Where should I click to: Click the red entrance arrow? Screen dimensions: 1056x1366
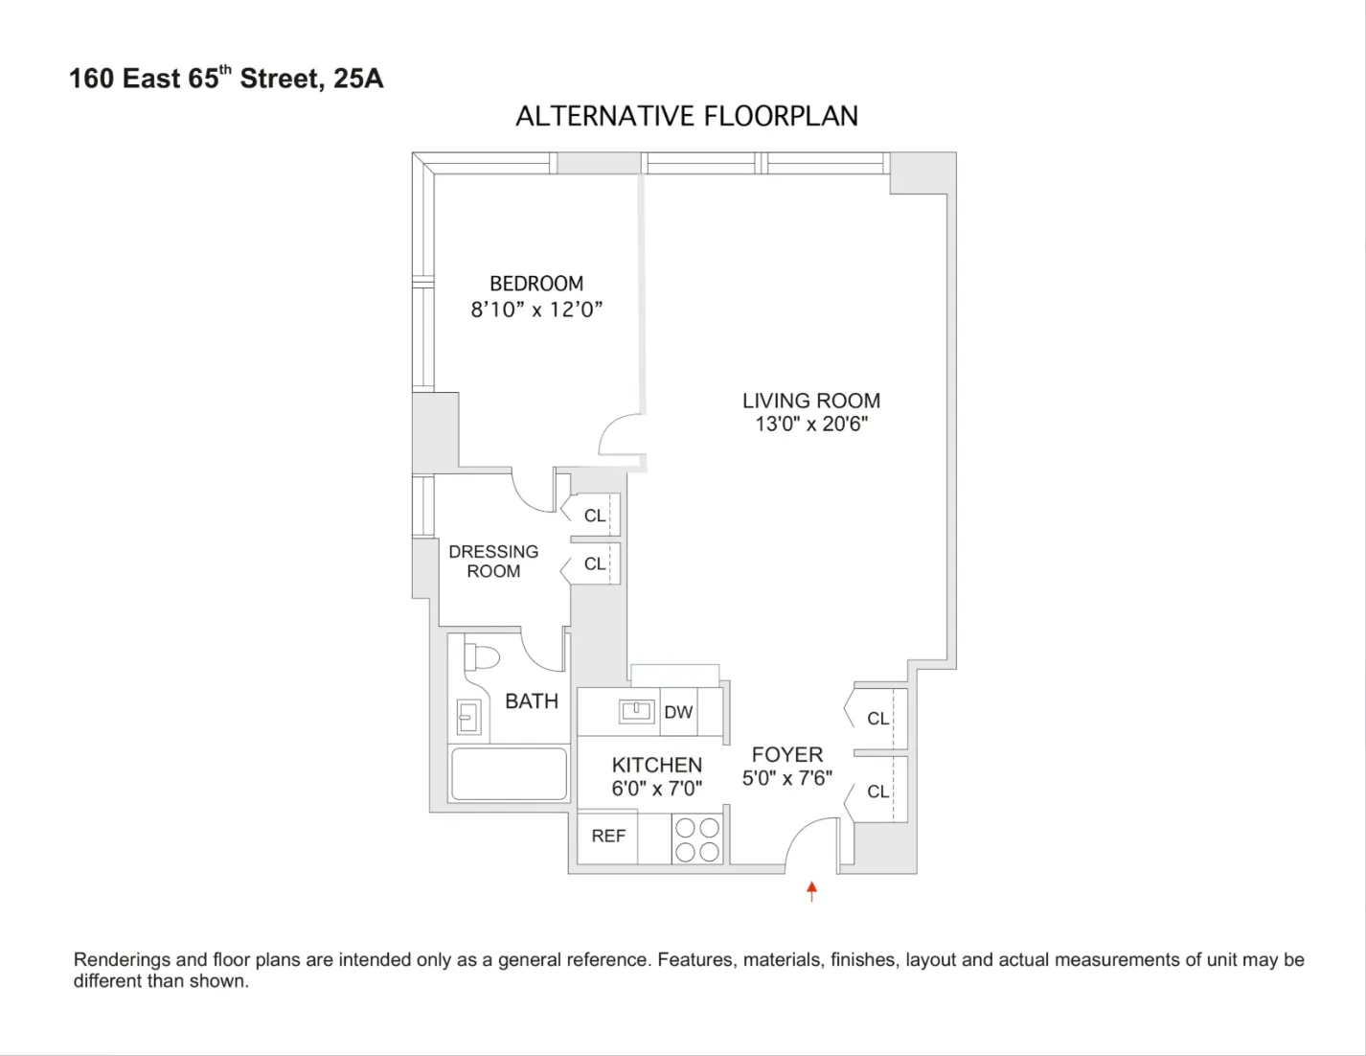[x=811, y=891]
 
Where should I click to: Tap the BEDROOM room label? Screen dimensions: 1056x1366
[x=536, y=284]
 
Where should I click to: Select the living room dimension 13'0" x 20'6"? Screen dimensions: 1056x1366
[x=811, y=425]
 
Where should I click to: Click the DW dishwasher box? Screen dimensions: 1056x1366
[x=678, y=712]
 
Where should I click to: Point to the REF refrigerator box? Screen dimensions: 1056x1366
[x=608, y=837]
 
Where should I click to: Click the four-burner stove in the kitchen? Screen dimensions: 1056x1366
[x=696, y=839]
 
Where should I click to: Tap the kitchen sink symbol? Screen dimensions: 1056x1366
[x=637, y=711]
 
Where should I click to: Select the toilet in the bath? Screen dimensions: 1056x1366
[x=481, y=657]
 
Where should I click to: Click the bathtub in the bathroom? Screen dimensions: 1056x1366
[x=509, y=773]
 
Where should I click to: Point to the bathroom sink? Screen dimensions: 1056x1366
[x=468, y=715]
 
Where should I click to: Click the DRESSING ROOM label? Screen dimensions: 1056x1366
[x=493, y=562]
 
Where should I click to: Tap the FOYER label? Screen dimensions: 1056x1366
[x=787, y=755]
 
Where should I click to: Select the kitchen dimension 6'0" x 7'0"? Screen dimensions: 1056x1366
[x=657, y=789]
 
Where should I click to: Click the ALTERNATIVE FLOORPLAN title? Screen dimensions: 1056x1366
[x=687, y=116]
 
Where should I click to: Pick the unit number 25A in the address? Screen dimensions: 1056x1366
[x=358, y=79]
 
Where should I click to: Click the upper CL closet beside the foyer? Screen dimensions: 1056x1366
[x=877, y=719]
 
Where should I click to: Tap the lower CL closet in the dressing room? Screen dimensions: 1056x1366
[x=595, y=564]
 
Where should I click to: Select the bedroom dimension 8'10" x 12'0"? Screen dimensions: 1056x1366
[x=536, y=310]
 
